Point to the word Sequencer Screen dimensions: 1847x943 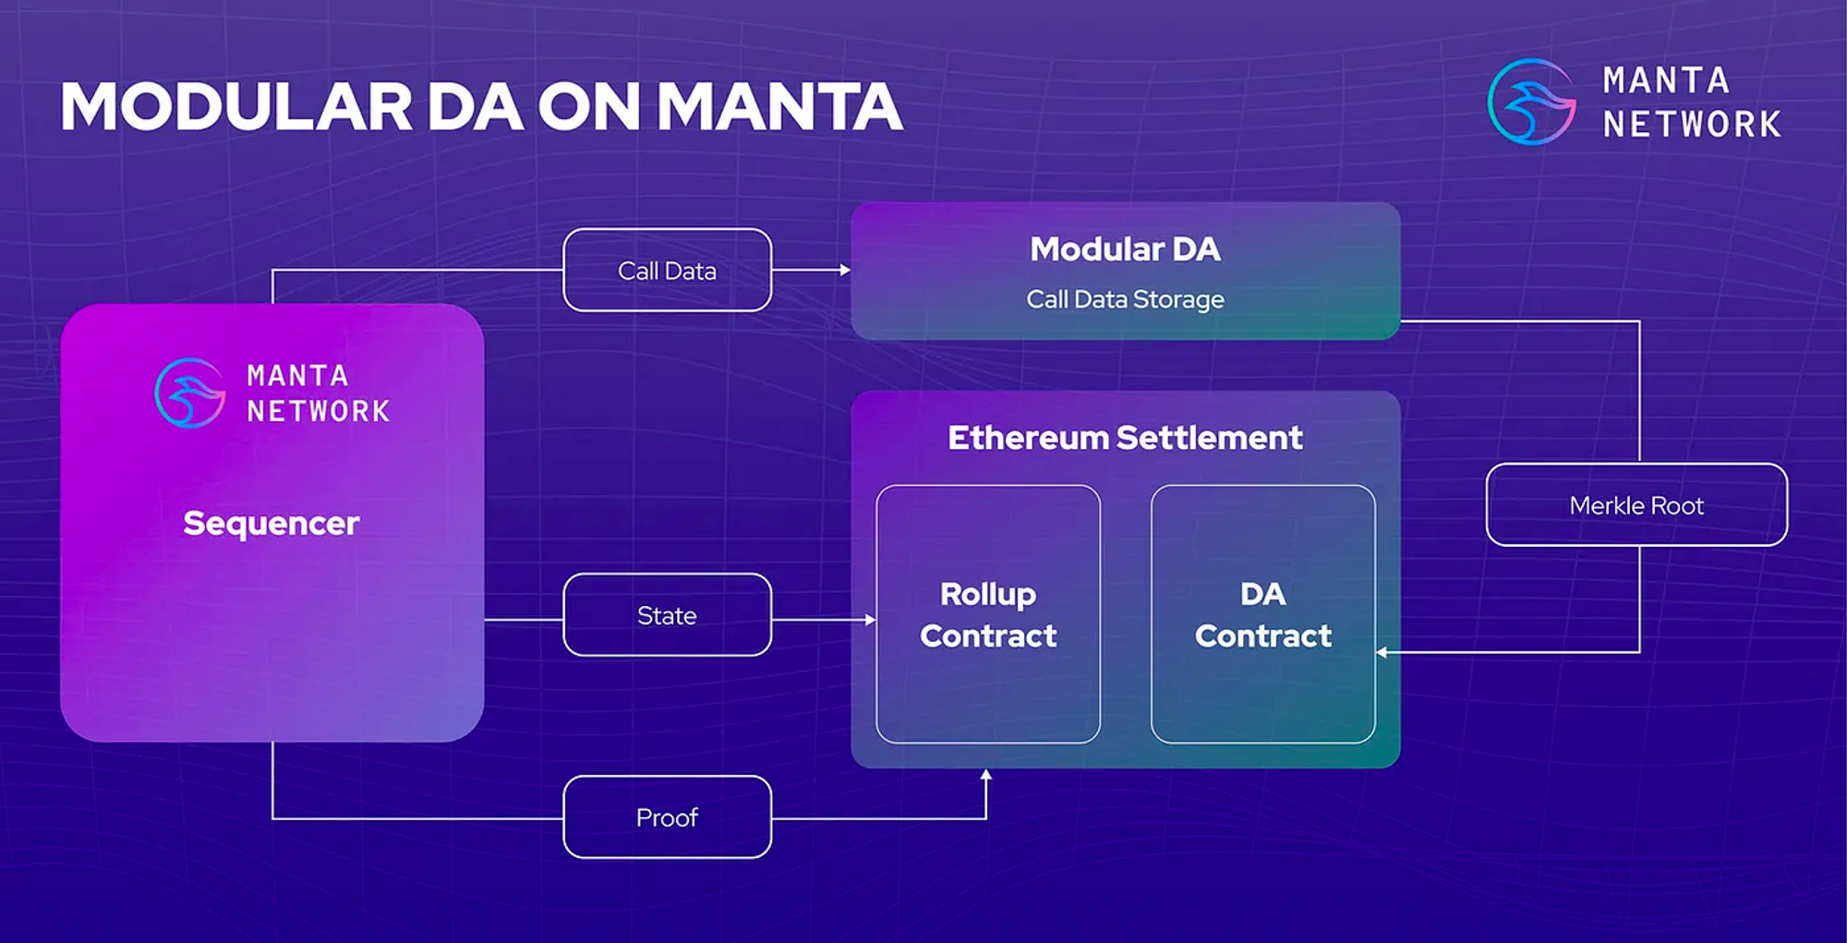[x=272, y=524]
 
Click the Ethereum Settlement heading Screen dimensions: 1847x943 [x=1125, y=438]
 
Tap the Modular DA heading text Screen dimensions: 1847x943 [x=1125, y=249]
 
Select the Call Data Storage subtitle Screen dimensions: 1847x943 [x=1125, y=299]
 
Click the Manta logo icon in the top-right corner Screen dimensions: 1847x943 [x=1532, y=102]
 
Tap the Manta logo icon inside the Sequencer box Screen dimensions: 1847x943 [x=190, y=393]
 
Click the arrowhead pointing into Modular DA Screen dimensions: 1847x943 [x=845, y=270]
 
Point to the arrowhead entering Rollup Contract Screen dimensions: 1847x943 [x=870, y=620]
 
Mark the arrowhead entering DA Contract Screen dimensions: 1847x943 [x=1382, y=652]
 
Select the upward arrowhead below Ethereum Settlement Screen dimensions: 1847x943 [x=986, y=775]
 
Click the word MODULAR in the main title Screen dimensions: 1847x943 [x=236, y=107]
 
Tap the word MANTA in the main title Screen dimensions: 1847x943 [x=779, y=107]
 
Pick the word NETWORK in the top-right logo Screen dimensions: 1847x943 [x=1692, y=124]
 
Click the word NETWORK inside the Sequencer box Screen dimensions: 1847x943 [x=319, y=411]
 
